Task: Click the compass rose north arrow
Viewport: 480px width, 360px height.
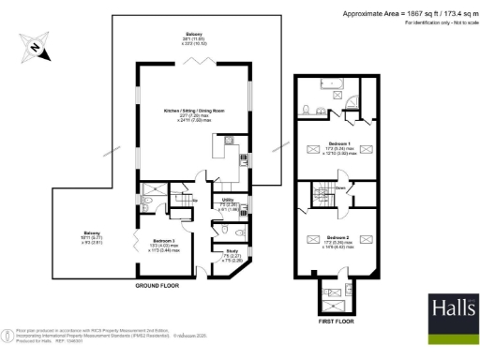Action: coord(35,47)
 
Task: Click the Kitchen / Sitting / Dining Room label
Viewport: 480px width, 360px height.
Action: coord(193,113)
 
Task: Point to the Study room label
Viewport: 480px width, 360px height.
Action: coord(230,251)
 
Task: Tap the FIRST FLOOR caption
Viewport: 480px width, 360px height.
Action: coord(336,320)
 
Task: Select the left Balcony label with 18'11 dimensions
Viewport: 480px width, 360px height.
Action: coord(93,235)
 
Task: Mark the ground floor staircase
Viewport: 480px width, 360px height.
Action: coord(179,197)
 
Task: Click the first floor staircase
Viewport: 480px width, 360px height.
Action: coord(323,196)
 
